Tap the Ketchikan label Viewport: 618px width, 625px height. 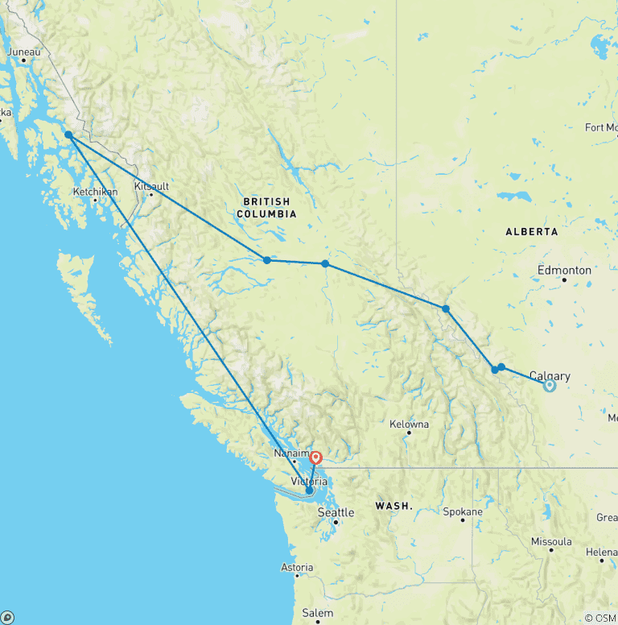tap(95, 192)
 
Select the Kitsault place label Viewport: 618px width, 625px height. tap(152, 186)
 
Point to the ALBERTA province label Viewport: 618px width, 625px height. tap(531, 231)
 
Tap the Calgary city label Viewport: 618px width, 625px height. tap(550, 376)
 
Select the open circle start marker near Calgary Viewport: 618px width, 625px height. tap(550, 386)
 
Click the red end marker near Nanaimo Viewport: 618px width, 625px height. tap(315, 457)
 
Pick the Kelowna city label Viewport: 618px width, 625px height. tap(409, 424)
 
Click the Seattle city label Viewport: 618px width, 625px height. tap(336, 512)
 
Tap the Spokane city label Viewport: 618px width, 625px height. tap(462, 511)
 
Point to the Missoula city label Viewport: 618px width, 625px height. tap(551, 541)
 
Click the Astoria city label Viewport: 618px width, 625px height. tap(297, 568)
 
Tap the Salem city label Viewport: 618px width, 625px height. tap(317, 613)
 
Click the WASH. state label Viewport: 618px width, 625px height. tap(393, 506)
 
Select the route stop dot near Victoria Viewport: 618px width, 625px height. tap(309, 490)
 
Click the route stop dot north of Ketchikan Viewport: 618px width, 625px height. tap(69, 135)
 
